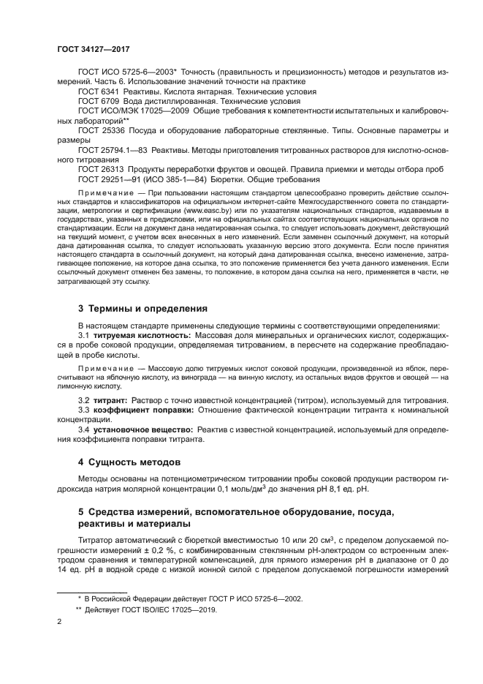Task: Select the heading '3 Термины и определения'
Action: [x=142, y=308]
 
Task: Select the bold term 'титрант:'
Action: [x=110, y=402]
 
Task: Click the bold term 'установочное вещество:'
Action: [x=140, y=430]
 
